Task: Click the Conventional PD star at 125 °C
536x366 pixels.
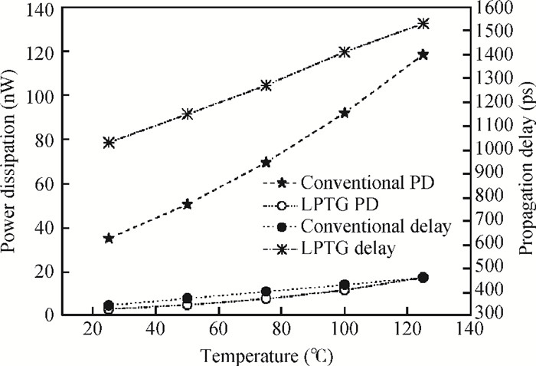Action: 423,55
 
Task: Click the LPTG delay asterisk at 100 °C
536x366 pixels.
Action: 345,52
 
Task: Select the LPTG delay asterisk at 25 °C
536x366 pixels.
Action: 109,142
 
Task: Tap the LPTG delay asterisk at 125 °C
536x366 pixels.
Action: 423,24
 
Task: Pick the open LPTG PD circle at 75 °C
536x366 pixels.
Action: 266,298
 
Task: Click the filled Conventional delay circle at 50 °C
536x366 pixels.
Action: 188,298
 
